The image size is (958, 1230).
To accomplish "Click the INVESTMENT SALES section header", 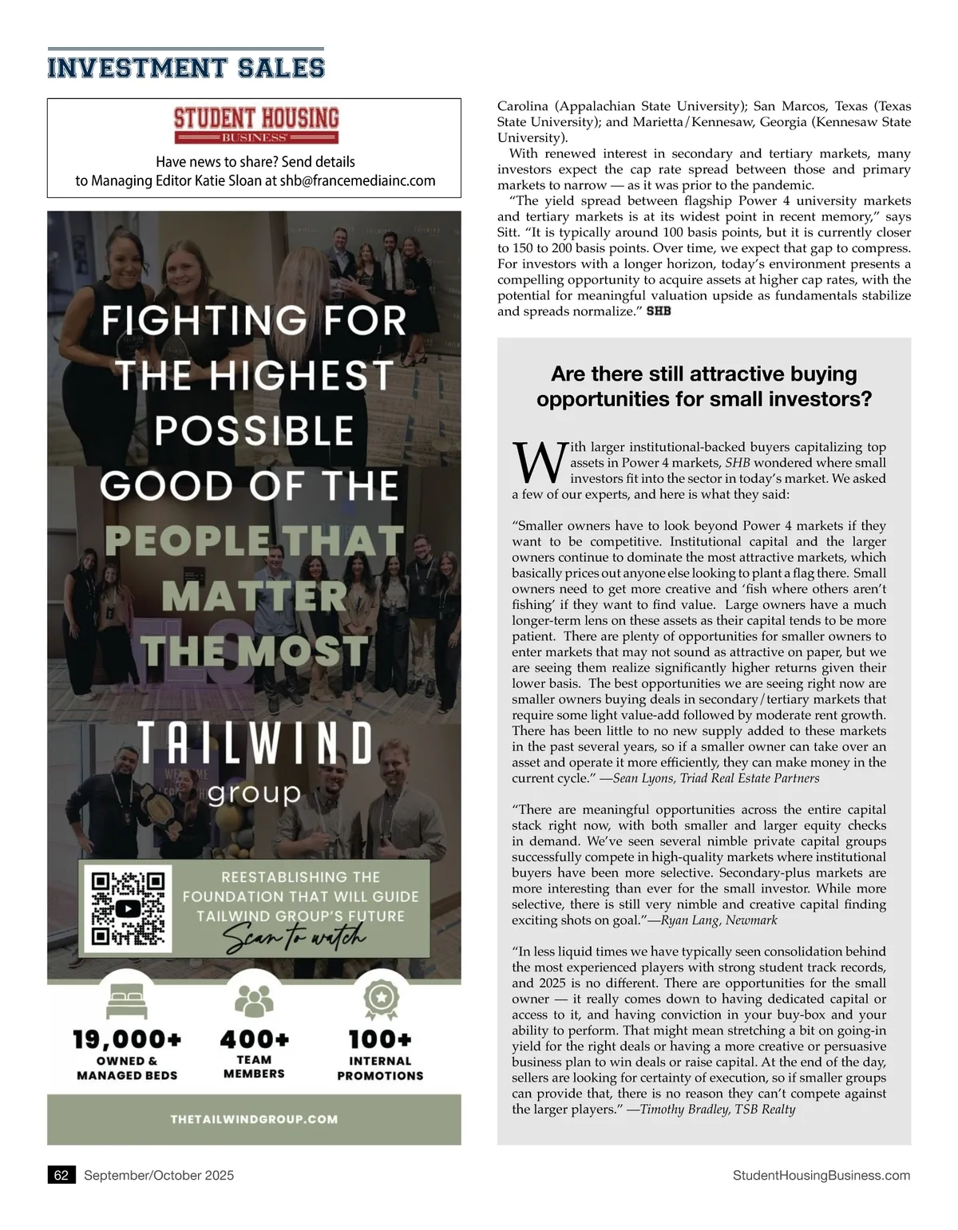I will coord(186,68).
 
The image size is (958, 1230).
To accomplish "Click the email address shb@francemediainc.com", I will coord(358,181).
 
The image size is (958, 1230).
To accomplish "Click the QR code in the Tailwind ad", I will coord(128,909).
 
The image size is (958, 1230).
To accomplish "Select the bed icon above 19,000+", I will coord(127,999).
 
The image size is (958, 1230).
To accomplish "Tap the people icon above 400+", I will coord(254,999).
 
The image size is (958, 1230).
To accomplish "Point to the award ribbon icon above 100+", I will coord(381,997).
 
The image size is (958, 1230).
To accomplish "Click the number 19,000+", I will coord(128,1039).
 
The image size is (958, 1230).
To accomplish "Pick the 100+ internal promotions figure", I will coord(380,1039).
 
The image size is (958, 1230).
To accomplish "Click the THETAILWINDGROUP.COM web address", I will coord(254,1119).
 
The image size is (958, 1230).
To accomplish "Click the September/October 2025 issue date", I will coord(159,1175).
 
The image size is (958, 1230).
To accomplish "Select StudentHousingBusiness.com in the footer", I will coord(821,1175).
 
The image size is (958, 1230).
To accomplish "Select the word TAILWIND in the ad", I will coord(255,744).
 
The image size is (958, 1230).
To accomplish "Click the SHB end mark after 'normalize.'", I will coord(659,311).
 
